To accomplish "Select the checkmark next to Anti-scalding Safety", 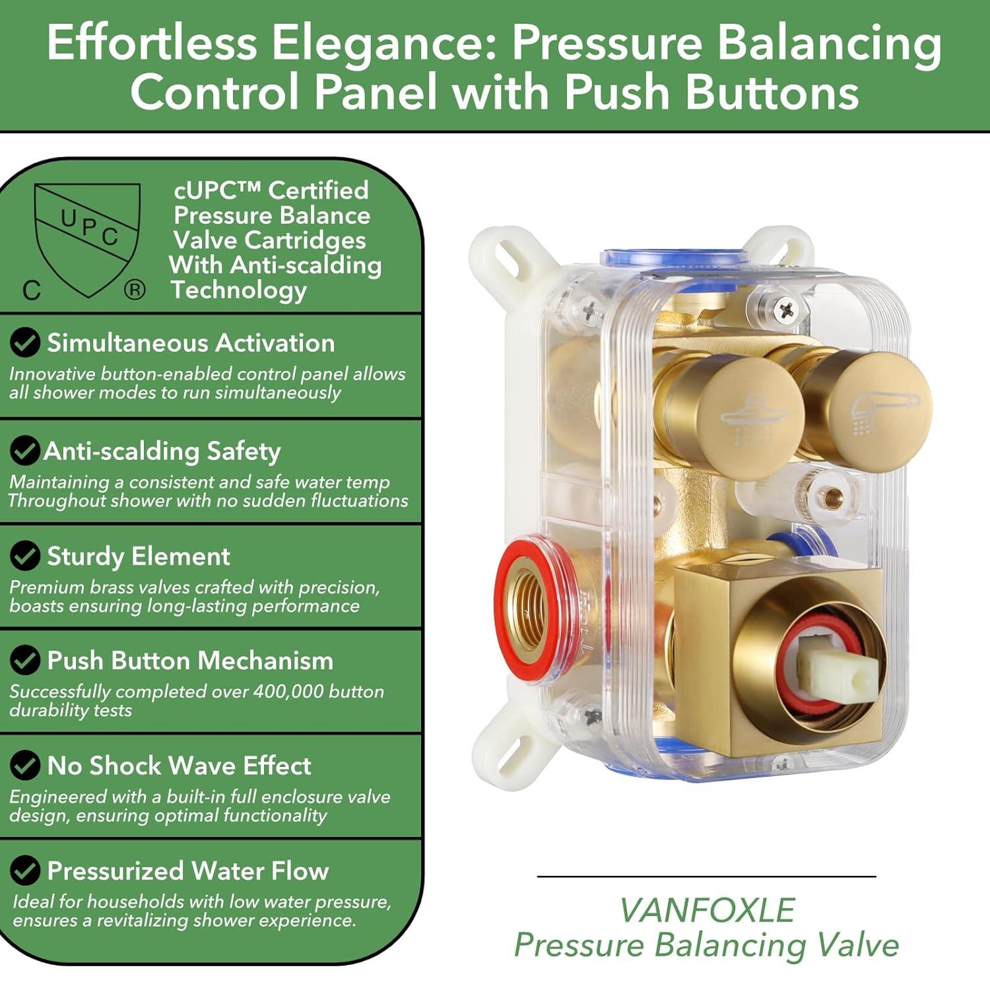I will coord(24,451).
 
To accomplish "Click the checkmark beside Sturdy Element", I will coord(25,556).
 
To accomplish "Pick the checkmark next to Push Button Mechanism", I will coord(25,660).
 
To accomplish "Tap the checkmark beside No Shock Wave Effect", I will coord(25,766).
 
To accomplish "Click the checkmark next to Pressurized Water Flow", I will coord(25,871).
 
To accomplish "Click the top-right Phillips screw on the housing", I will coord(785,308).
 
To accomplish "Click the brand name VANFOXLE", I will coord(707,911).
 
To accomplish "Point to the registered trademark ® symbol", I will coord(135,290).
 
